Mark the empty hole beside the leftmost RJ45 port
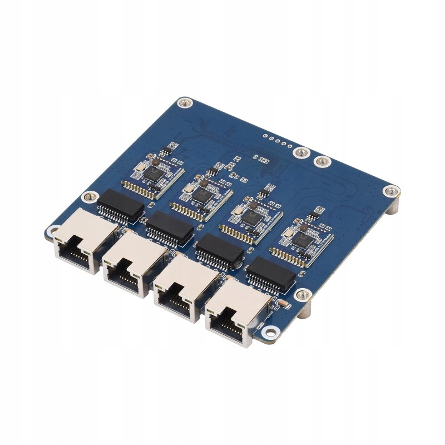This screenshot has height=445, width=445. [54, 230]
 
